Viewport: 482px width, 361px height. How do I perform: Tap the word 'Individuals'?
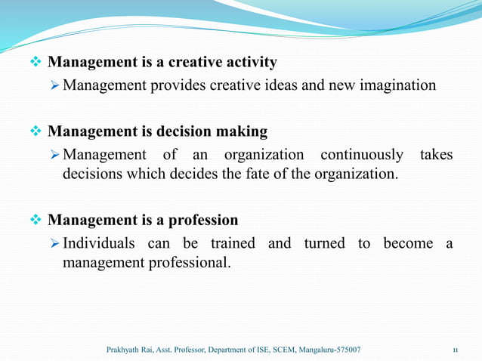click(99, 243)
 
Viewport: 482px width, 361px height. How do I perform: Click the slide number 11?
click(456, 350)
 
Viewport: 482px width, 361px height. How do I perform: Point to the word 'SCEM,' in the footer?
click(284, 350)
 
